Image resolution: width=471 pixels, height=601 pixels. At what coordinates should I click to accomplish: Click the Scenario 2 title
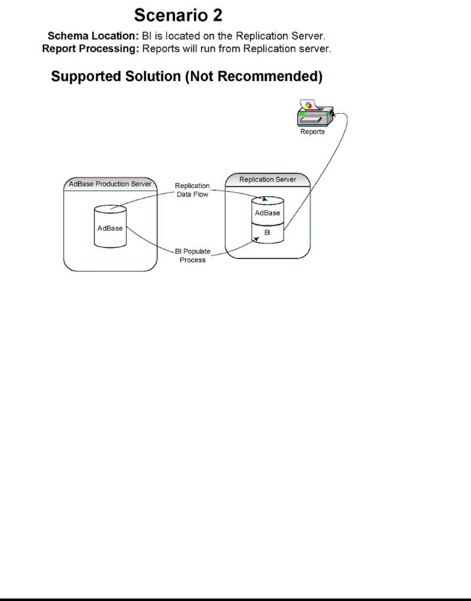tap(178, 16)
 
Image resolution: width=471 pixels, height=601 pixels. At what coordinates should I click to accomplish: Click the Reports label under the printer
tap(312, 132)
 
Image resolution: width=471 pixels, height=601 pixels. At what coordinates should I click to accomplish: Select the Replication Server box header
tap(267, 179)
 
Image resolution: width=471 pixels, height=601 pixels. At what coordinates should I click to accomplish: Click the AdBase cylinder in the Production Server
tap(110, 228)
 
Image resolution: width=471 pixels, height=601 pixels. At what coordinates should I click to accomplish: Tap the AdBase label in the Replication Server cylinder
tap(267, 212)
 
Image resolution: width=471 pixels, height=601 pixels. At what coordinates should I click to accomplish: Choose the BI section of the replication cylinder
tap(267, 233)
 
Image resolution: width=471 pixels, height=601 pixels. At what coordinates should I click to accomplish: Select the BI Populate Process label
tap(192, 256)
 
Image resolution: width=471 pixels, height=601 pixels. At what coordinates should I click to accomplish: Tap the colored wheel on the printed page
tap(308, 105)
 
